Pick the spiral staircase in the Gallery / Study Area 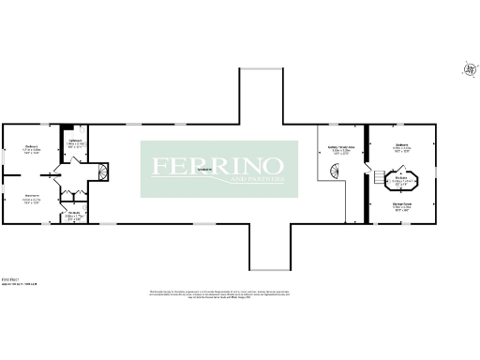(x=334, y=172)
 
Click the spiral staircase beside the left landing (x=104, y=172)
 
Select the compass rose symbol (x=468, y=68)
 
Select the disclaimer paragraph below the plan (x=239, y=296)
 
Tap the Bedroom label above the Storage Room (x=401, y=146)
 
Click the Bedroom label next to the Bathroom (x=30, y=149)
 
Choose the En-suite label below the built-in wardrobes (x=74, y=215)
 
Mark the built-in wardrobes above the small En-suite (x=75, y=196)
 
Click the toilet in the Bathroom (x=67, y=132)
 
